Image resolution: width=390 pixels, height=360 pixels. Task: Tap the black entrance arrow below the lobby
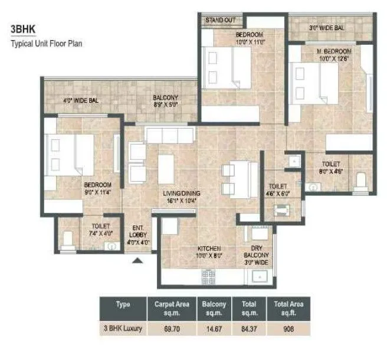tap(139, 259)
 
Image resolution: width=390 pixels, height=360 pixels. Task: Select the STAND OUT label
tap(220, 20)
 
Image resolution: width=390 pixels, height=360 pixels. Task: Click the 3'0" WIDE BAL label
tap(327, 27)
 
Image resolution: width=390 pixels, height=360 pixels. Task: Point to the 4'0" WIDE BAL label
tap(81, 101)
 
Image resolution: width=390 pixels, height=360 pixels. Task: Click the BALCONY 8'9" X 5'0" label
tap(166, 101)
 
